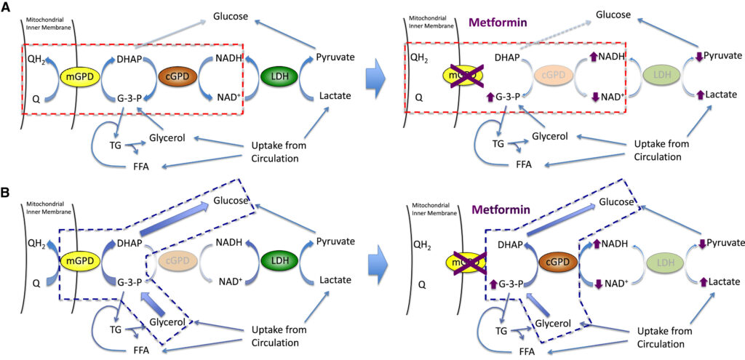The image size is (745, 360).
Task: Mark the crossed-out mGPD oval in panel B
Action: (463, 261)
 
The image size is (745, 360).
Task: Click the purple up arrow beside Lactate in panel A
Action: (699, 95)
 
